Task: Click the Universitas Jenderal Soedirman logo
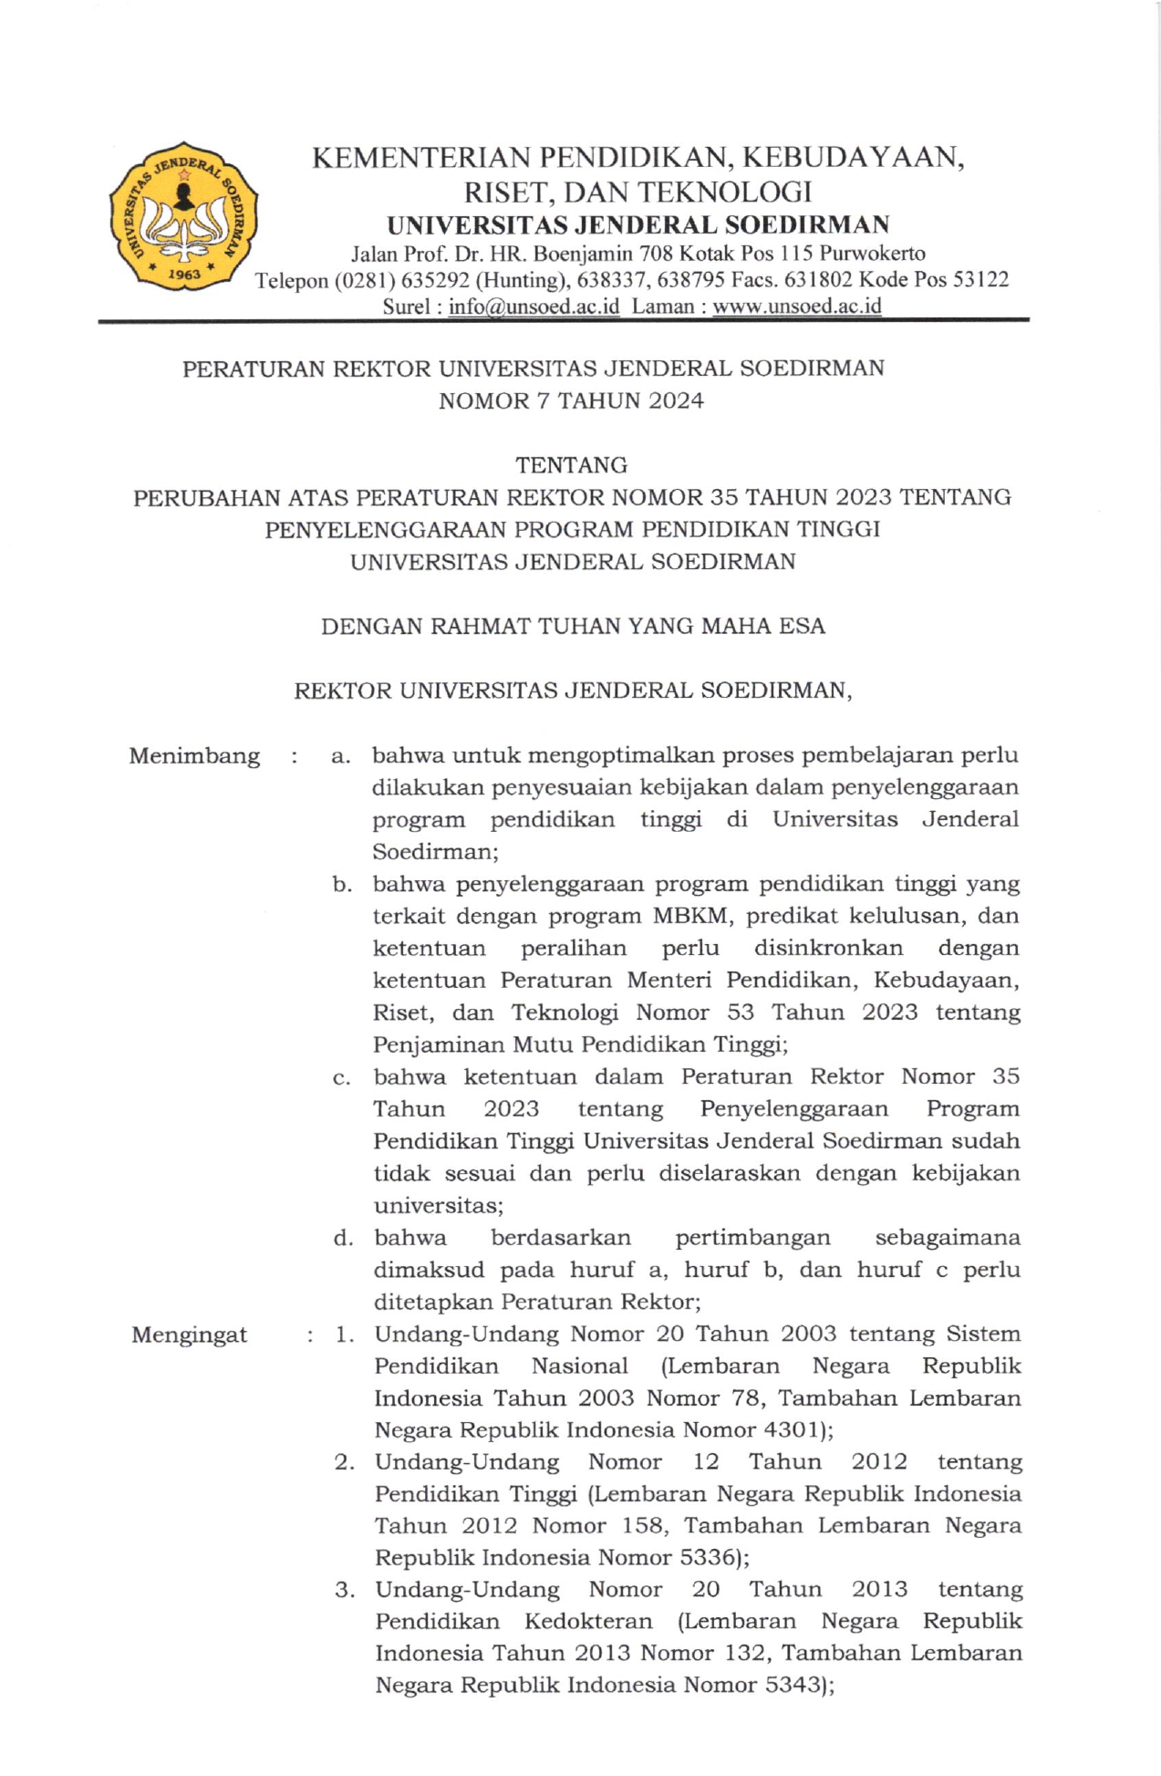[182, 216]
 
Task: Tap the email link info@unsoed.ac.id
[534, 306]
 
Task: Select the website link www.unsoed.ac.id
[796, 306]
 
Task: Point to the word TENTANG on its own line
[571, 465]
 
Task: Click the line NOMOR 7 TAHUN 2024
[571, 401]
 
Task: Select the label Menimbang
[194, 756]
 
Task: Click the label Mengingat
[190, 1335]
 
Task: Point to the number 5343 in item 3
[796, 1686]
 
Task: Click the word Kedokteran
[588, 1622]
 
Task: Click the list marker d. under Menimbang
[343, 1238]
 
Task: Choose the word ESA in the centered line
[803, 627]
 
